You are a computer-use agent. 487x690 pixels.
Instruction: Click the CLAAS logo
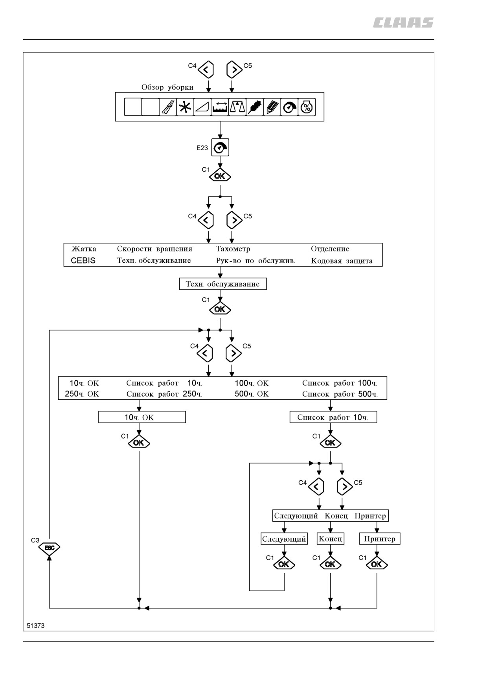403,23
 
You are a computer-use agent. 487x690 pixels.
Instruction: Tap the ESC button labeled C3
49,548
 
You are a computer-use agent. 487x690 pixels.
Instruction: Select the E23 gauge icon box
220,148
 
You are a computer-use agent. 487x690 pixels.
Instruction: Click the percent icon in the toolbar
307,107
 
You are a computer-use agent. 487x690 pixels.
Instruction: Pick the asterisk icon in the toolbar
185,107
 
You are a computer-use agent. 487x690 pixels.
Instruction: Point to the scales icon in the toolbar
237,107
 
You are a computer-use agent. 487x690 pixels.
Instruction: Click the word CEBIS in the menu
83,260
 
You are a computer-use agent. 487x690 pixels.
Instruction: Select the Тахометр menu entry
233,249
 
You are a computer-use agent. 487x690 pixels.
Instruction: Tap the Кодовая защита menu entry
342,261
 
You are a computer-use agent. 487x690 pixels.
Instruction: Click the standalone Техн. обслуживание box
223,284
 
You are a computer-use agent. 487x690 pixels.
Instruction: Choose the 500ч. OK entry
252,394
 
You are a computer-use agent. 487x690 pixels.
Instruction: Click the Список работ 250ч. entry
164,394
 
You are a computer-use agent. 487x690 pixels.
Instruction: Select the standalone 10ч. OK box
142,417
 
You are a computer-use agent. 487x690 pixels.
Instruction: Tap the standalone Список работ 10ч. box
333,417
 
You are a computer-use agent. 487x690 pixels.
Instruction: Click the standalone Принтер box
380,539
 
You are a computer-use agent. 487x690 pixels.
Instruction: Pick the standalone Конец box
331,539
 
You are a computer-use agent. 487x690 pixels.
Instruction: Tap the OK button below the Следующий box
284,565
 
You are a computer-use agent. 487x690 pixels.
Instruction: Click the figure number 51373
36,625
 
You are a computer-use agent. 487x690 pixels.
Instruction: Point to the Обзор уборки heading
167,87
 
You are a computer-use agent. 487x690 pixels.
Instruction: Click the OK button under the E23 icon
220,176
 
